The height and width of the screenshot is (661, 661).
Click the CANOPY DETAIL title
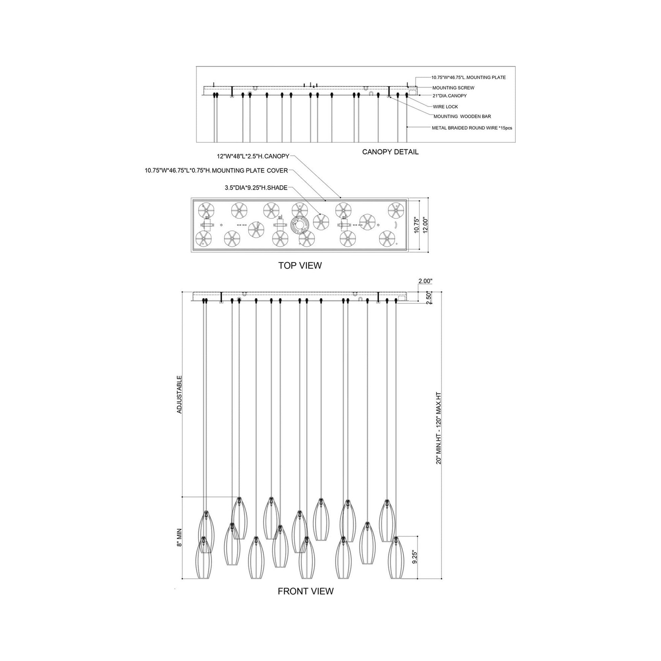click(x=390, y=152)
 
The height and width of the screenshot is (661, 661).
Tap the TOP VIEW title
click(x=300, y=265)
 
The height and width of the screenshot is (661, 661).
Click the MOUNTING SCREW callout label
click(x=453, y=88)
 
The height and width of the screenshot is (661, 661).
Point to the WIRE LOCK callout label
click(x=445, y=107)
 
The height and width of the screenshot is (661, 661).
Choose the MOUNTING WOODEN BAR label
click(x=462, y=117)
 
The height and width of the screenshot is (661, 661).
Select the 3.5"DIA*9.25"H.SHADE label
click(x=256, y=187)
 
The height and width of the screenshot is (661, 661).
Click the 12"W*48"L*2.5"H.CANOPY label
click(x=253, y=156)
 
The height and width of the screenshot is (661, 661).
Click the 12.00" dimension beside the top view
click(x=425, y=225)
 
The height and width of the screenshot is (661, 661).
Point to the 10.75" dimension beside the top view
click(x=416, y=225)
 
